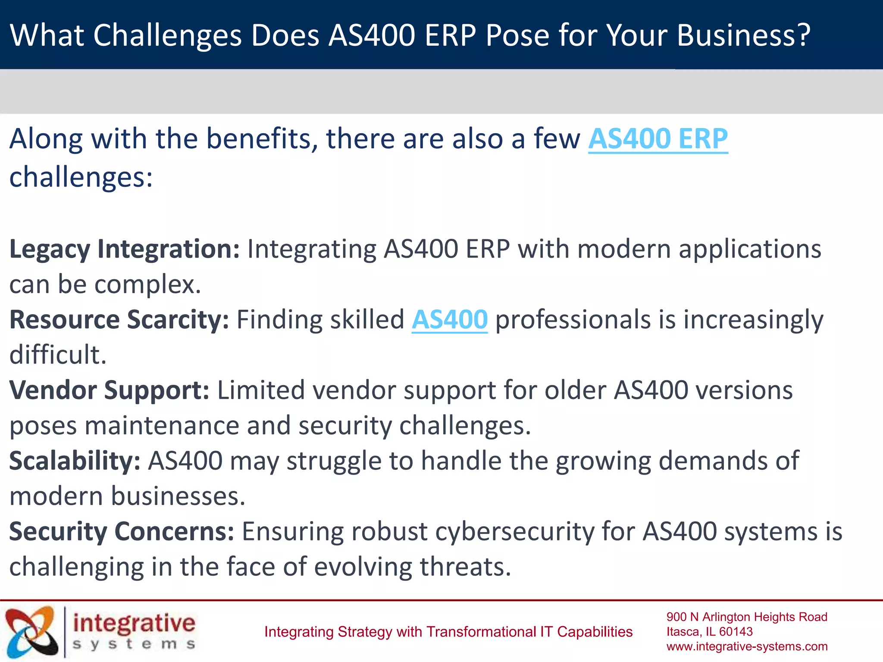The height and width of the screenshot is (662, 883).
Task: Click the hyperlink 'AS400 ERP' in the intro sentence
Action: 658,139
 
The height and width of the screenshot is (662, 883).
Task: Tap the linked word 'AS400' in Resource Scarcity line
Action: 450,320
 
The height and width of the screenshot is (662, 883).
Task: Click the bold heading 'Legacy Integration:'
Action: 124,249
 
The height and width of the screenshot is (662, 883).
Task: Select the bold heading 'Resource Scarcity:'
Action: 119,320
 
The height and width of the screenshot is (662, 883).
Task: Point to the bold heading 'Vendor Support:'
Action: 109,390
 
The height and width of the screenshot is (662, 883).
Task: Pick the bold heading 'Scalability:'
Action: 75,461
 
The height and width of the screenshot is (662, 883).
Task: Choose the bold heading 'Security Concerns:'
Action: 122,531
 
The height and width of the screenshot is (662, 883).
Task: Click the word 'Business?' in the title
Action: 744,35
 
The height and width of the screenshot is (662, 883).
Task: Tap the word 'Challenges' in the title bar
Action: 167,35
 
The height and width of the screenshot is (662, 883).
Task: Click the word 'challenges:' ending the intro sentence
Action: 81,177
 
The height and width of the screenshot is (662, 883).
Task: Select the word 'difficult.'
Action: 58,355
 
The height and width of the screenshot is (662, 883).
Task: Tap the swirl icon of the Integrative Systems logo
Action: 31,632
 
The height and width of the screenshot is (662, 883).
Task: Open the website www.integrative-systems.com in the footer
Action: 747,646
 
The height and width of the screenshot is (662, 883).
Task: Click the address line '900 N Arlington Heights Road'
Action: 747,617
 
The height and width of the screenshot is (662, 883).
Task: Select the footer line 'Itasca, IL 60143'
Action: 709,632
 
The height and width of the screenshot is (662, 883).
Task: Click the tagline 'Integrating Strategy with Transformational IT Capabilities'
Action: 448,632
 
